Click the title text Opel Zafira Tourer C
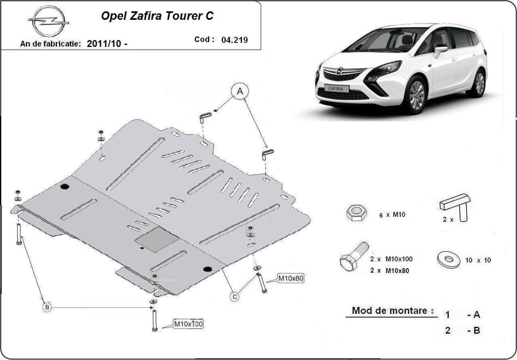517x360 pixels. (x=157, y=16)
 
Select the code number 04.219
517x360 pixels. (x=234, y=40)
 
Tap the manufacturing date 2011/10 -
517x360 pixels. (x=107, y=44)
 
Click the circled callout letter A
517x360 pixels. (x=240, y=91)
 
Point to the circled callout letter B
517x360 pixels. (x=47, y=307)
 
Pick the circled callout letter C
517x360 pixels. (x=234, y=296)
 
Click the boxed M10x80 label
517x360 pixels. (x=290, y=279)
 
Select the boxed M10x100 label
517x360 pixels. (x=188, y=324)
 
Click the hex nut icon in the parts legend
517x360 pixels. (x=356, y=213)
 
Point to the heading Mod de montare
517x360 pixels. (x=390, y=310)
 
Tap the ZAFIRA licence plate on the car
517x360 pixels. (x=338, y=88)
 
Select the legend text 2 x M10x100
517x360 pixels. (x=391, y=259)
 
